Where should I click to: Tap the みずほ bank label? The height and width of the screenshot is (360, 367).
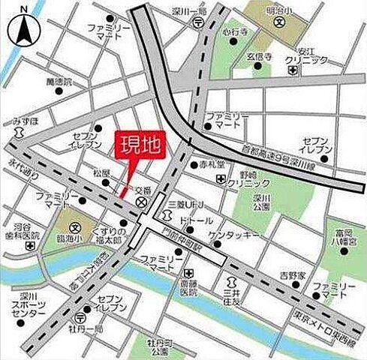click(25, 120)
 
